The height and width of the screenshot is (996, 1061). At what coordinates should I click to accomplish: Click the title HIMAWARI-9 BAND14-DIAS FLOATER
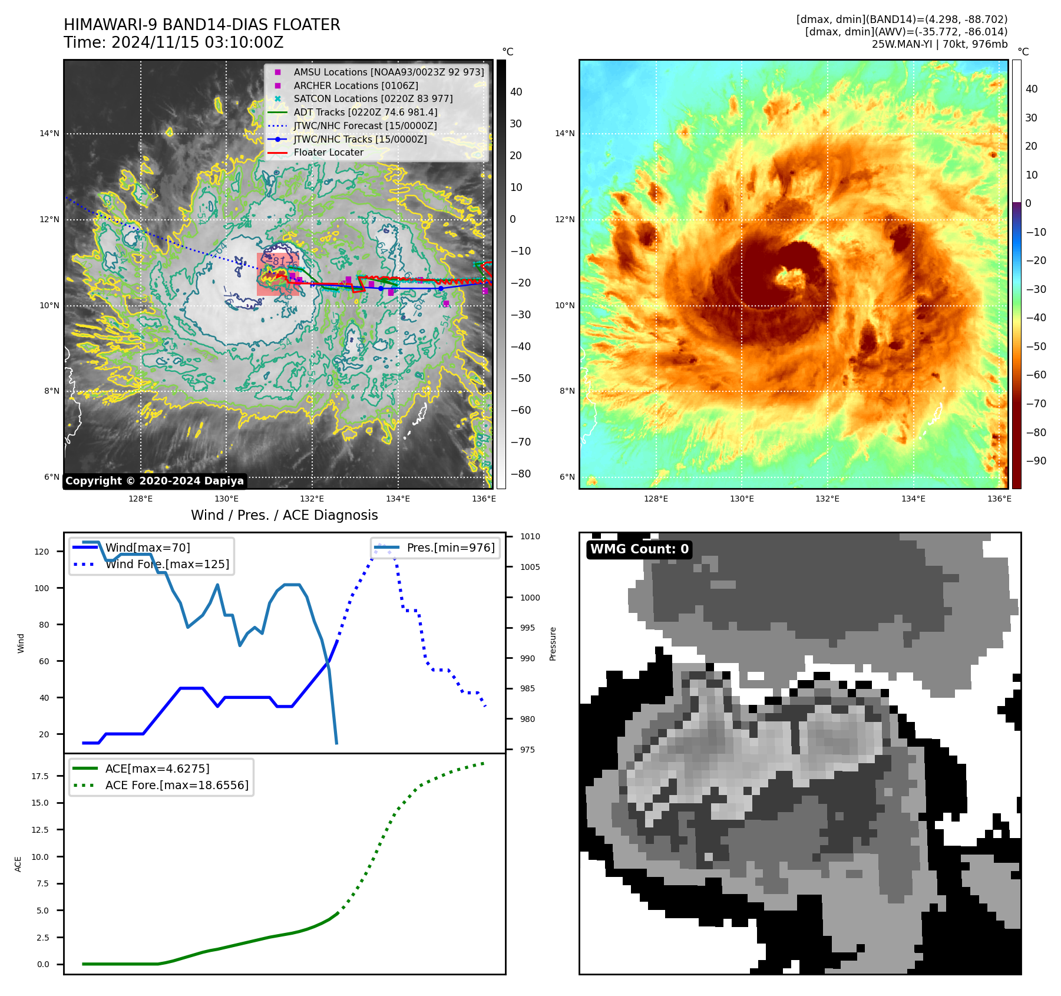point(201,25)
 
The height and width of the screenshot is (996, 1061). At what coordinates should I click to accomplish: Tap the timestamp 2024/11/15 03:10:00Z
point(197,42)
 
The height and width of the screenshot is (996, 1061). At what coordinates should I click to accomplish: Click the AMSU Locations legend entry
point(388,72)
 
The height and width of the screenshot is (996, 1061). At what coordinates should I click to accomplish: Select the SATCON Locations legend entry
point(373,98)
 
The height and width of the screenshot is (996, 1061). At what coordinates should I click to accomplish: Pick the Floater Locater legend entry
point(328,152)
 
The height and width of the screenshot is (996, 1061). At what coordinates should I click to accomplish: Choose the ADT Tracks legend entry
point(365,112)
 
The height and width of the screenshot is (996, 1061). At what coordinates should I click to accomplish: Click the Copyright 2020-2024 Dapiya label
point(154,481)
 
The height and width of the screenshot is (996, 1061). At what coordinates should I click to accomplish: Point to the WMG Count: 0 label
point(639,549)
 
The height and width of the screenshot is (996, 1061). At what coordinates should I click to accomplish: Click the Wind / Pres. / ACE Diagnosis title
point(284,515)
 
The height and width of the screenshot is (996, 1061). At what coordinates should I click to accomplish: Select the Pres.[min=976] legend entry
point(450,548)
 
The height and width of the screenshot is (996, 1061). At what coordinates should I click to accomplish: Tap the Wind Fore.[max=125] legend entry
point(167,564)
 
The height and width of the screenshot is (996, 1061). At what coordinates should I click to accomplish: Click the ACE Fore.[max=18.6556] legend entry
point(177,785)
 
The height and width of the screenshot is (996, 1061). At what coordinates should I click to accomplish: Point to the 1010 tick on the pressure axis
point(530,536)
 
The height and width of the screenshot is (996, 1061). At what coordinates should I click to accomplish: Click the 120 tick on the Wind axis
point(42,552)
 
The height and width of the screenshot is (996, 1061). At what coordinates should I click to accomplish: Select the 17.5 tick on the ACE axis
point(40,776)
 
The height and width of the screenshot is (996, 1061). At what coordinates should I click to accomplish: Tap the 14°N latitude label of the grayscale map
point(49,134)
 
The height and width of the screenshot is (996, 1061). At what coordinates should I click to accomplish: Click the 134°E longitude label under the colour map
point(913,499)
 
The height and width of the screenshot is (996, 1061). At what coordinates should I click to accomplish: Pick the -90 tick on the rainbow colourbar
point(1036,461)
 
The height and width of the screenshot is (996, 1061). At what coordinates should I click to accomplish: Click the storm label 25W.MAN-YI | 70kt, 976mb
point(939,44)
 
